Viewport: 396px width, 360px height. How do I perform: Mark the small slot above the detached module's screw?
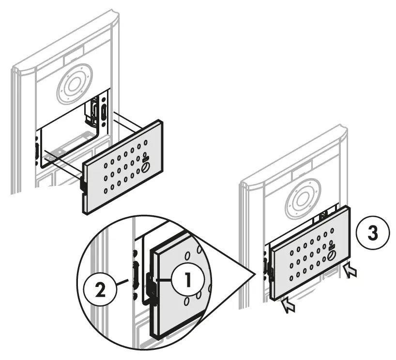146,158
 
